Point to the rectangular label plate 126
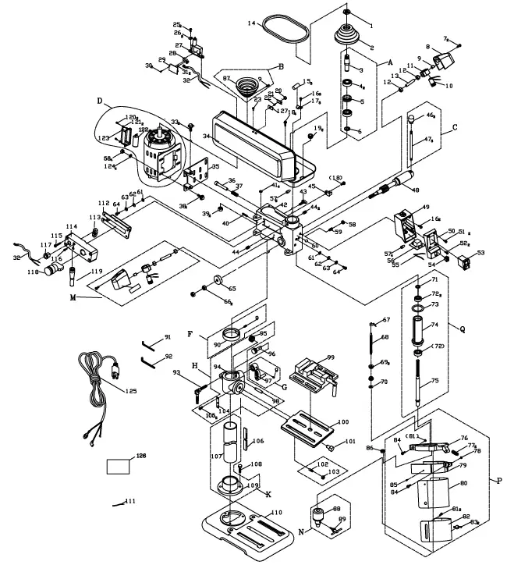coord(120,467)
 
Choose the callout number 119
coord(97,271)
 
